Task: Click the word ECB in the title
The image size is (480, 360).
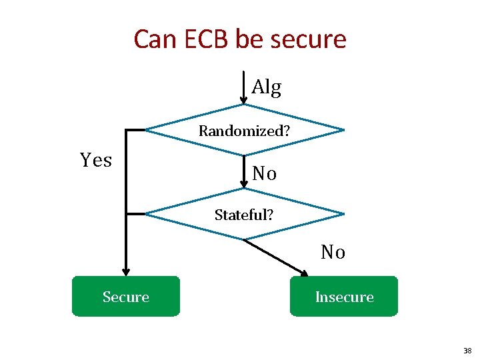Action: coord(199,39)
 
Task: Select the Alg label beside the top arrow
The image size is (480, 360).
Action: coord(267,87)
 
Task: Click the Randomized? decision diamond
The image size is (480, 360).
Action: coord(245,129)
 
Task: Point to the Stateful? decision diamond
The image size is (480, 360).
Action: coord(245,214)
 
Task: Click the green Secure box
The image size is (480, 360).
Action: coord(126,296)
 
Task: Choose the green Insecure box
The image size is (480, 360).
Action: coord(344,296)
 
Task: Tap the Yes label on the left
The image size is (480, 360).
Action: coord(96,160)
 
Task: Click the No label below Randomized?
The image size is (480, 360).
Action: coord(264,174)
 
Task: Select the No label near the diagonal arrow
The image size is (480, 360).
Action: coord(333,252)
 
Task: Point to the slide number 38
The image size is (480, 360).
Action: coord(467,350)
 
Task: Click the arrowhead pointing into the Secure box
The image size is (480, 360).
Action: coord(126,272)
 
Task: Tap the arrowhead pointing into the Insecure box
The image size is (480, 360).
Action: coord(304,273)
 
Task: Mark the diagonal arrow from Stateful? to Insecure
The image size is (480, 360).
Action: coord(275,257)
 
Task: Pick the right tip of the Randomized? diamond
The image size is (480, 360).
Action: coord(343,129)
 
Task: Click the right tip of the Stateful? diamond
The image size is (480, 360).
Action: coord(343,214)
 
